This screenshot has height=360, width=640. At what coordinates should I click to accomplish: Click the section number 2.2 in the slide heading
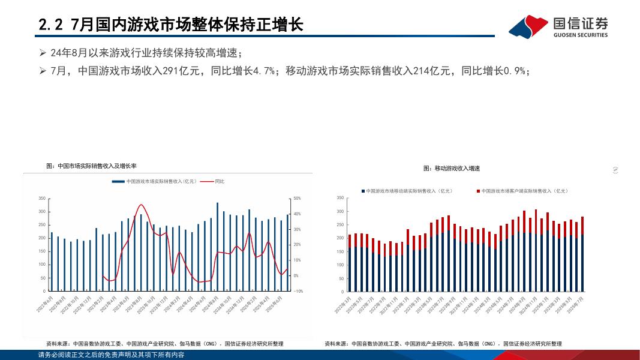tap(50, 25)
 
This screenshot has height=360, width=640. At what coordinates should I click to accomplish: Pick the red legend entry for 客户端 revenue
tap(522, 191)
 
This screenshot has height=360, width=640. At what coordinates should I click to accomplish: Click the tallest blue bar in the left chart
tap(217, 246)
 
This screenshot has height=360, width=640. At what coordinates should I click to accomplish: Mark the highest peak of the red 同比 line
tap(142, 205)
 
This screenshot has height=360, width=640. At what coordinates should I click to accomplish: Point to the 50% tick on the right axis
tap(297, 199)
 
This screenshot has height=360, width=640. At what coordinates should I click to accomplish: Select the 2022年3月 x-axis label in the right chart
tap(343, 304)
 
